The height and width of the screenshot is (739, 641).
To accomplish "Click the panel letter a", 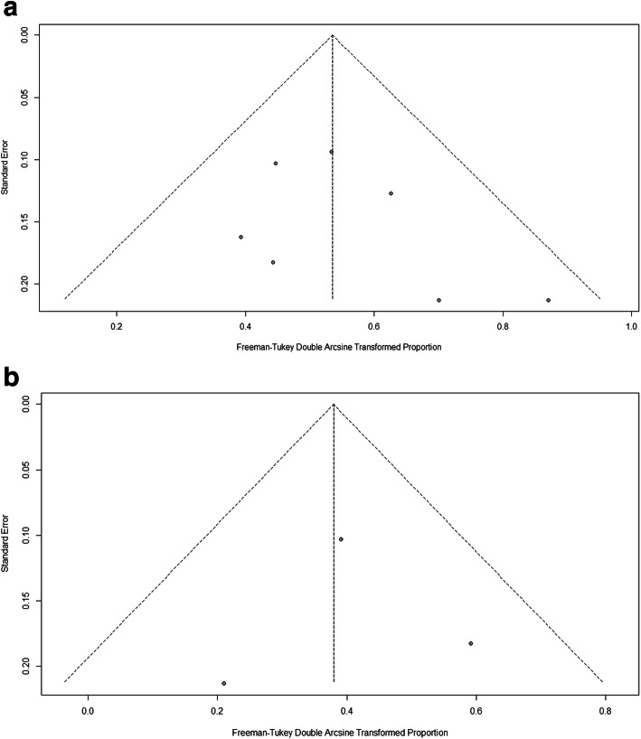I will pos(12,13).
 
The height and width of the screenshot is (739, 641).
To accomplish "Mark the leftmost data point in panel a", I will pos(240,237).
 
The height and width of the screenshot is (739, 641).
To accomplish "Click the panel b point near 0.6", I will pos(471,643).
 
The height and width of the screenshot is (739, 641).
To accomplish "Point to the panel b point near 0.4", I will pos(341,539).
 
